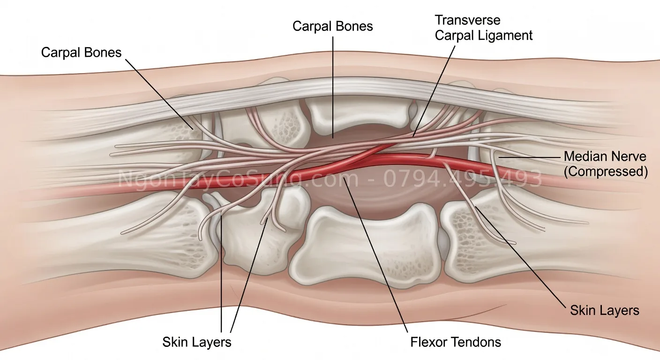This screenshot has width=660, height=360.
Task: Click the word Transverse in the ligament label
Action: click(468, 20)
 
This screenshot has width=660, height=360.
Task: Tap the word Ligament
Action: click(505, 36)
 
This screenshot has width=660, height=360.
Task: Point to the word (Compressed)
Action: click(606, 172)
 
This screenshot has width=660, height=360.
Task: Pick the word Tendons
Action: click(476, 342)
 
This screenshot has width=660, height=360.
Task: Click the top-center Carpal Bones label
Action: click(333, 26)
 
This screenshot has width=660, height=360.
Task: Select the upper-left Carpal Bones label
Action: click(81, 52)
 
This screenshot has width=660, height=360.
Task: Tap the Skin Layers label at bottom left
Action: click(197, 342)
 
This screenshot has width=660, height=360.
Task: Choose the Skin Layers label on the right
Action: click(605, 310)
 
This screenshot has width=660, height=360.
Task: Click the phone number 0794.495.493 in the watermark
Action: click(463, 179)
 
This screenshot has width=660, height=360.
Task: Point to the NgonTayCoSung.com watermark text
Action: click(238, 179)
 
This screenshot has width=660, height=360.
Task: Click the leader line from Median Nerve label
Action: click(530, 157)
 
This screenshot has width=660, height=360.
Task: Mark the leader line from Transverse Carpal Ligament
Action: click(434, 91)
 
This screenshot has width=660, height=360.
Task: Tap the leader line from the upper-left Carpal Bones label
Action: click(159, 94)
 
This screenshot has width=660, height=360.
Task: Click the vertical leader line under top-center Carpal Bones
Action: click(333, 87)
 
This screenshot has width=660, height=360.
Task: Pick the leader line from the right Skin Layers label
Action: click(521, 258)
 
